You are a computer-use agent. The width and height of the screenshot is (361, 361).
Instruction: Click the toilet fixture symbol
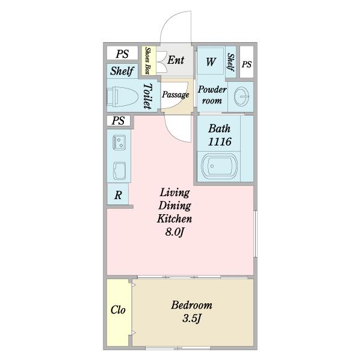point(122,96)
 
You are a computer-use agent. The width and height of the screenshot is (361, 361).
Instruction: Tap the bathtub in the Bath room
point(219,166)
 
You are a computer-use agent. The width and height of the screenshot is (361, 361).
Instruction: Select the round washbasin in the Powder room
point(241,96)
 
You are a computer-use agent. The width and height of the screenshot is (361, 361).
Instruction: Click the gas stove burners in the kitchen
point(119,143)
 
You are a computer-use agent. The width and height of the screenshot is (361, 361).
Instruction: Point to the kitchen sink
point(119,171)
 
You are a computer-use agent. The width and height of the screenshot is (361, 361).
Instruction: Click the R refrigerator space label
point(118,195)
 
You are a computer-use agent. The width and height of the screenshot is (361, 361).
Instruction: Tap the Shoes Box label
point(148,61)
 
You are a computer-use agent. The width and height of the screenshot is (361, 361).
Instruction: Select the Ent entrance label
point(176,60)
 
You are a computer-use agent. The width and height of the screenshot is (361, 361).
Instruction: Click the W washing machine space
point(211,62)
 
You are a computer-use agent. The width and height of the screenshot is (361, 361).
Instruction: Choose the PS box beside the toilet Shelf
point(122,54)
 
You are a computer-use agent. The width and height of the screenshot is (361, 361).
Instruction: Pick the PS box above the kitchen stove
point(119,121)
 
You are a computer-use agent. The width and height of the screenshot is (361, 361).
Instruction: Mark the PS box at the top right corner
point(247,62)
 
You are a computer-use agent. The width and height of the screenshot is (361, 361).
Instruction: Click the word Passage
point(176,94)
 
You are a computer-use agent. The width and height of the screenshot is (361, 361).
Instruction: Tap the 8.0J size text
point(174,232)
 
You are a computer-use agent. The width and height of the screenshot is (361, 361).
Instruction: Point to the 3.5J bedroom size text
point(192,319)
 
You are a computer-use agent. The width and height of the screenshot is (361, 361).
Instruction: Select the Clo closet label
point(118,310)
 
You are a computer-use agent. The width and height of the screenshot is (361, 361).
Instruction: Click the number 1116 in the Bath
point(220,142)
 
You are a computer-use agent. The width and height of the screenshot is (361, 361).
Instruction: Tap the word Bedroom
point(191,305)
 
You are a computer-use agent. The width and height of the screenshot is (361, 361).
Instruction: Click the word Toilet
point(147,96)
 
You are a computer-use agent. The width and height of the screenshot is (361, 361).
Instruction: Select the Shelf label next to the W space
point(230,62)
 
